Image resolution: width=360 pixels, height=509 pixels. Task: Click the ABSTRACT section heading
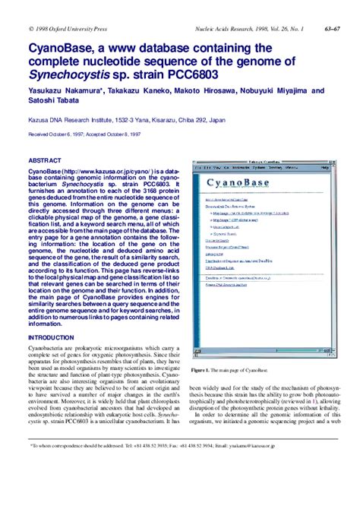tap(44, 161)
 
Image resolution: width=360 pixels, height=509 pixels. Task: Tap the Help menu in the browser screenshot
tap(323, 169)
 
